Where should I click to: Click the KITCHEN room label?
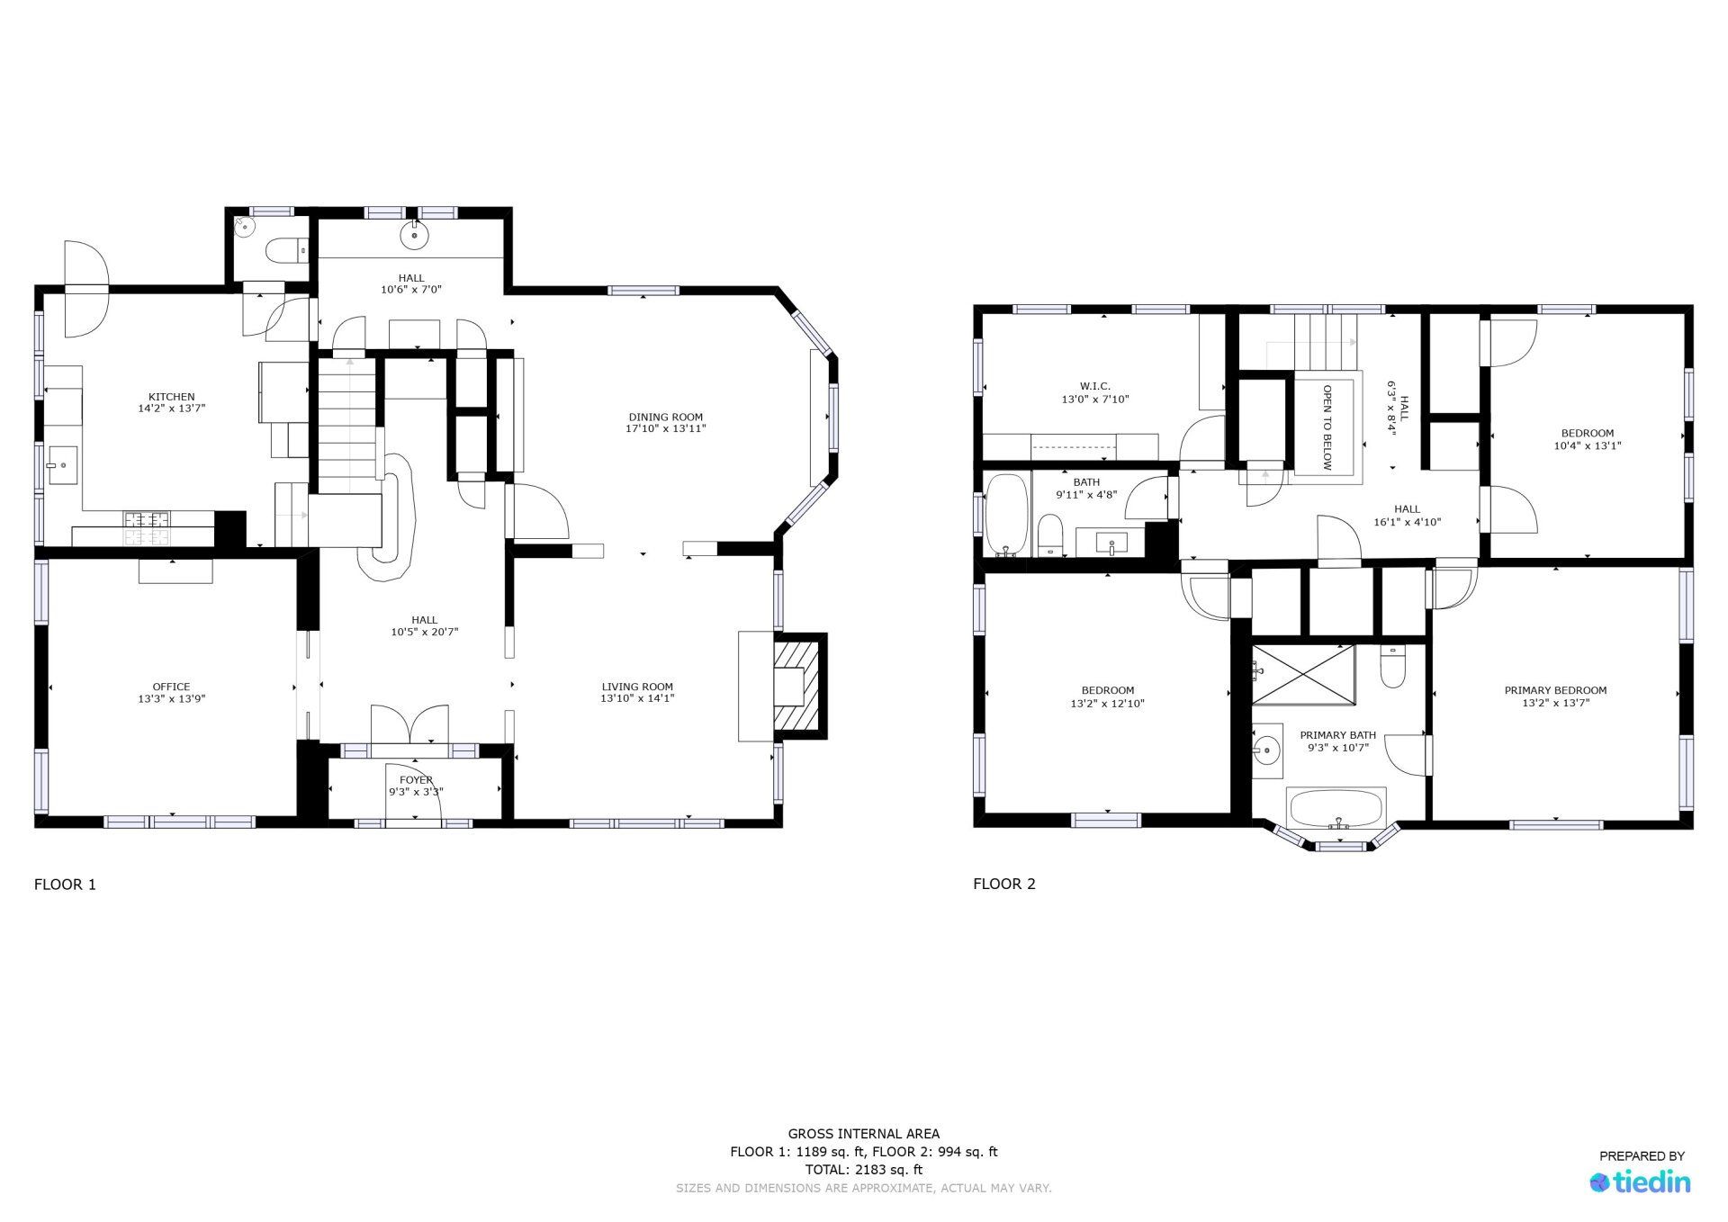pos(171,397)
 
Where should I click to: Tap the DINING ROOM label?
pos(665,417)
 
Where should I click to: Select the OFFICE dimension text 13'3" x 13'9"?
pos(171,698)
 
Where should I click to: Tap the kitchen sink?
pos(62,465)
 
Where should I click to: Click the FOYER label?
pos(416,780)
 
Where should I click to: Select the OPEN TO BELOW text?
pos(1327,427)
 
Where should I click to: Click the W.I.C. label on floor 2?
pos(1095,386)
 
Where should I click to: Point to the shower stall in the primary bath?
pos(1303,675)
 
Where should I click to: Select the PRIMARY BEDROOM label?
pos(1555,690)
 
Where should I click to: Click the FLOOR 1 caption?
pos(65,884)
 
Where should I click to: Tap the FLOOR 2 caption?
pos(1004,884)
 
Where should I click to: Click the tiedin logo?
pos(1640,1182)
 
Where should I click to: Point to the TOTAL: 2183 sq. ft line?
pos(864,1170)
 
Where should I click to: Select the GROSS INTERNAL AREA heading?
pos(864,1134)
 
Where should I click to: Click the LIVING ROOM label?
pos(637,687)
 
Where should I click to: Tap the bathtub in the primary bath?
pos(1336,808)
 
